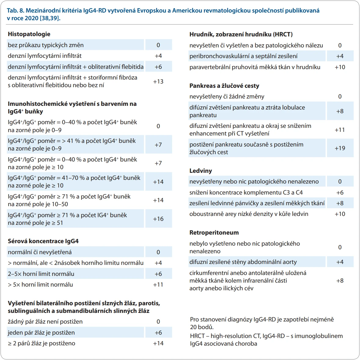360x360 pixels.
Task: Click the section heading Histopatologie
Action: (x=29, y=34)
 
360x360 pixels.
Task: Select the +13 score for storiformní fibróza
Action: (x=158, y=82)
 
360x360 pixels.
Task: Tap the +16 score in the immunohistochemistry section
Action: (x=158, y=219)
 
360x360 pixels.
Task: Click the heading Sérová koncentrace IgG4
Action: (x=43, y=241)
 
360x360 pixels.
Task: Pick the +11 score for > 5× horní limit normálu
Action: (x=158, y=285)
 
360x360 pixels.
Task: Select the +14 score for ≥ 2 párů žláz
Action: (x=158, y=343)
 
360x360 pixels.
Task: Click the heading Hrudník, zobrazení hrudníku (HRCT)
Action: (x=241, y=35)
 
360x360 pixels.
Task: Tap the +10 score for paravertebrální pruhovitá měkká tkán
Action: (x=340, y=67)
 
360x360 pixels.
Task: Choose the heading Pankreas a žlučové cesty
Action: (x=224, y=86)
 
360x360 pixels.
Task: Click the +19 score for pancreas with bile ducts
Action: (x=340, y=148)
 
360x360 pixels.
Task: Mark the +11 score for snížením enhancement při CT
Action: (x=340, y=130)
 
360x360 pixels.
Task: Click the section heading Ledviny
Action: (x=201, y=171)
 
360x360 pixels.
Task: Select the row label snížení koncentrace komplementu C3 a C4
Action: (x=246, y=192)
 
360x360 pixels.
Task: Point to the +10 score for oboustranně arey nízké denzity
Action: (x=340, y=214)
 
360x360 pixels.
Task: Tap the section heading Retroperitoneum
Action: (x=214, y=233)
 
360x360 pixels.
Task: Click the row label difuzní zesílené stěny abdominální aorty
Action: (x=243, y=262)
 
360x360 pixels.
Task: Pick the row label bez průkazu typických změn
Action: (x=46, y=45)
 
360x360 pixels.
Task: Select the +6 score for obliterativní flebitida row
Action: (x=158, y=67)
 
